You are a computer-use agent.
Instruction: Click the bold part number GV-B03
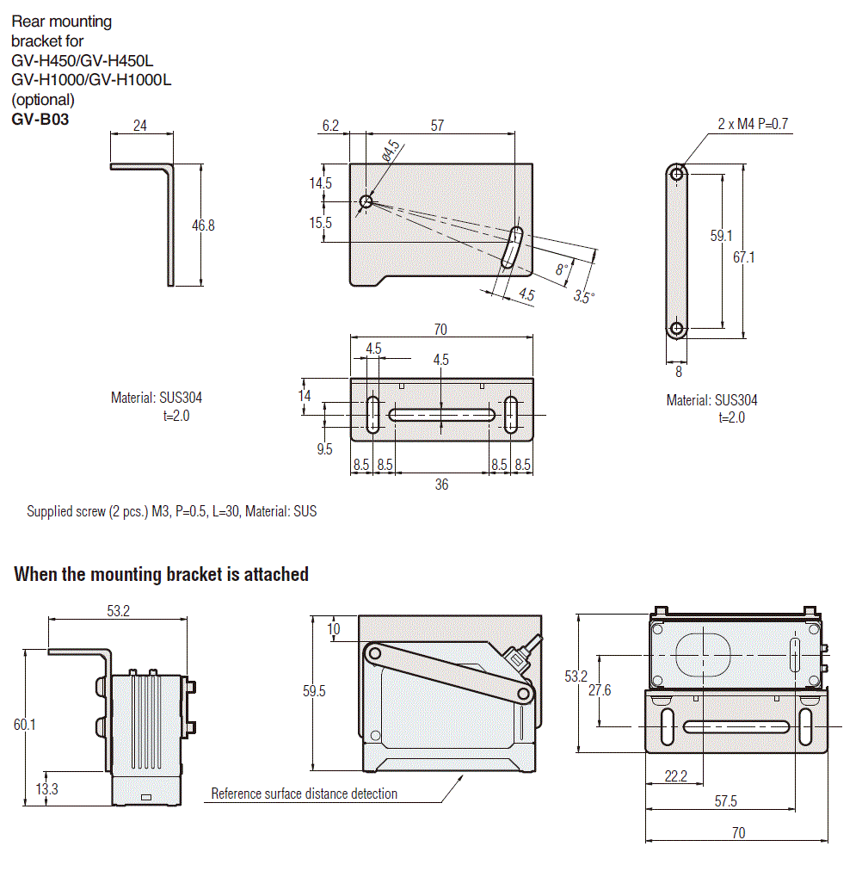click(x=40, y=120)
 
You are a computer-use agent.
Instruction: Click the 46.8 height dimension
click(x=203, y=225)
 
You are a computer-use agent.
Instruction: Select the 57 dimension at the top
click(x=437, y=126)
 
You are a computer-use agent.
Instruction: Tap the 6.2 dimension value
click(x=331, y=126)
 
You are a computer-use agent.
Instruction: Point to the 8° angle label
click(x=562, y=269)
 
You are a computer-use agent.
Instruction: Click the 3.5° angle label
click(x=584, y=297)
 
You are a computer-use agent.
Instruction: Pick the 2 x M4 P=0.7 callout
click(x=753, y=124)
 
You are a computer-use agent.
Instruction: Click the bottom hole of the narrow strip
click(x=677, y=328)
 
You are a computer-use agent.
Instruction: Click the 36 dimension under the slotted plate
click(x=441, y=485)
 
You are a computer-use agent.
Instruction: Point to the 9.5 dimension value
click(x=324, y=448)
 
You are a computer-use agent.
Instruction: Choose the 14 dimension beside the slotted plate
click(x=304, y=396)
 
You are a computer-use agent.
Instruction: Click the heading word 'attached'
click(x=276, y=574)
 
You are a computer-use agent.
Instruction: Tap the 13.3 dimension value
click(x=48, y=788)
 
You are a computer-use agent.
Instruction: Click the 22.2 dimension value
click(x=675, y=776)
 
